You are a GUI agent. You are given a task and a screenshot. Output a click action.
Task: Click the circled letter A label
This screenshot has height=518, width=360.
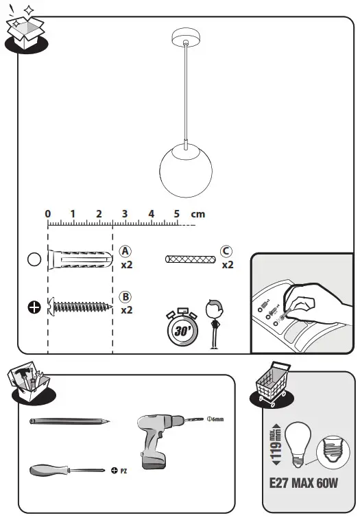coord(125,251)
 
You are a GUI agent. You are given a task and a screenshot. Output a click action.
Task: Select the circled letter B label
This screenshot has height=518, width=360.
coord(125,297)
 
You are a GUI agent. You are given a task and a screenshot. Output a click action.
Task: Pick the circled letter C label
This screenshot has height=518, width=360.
coord(226,251)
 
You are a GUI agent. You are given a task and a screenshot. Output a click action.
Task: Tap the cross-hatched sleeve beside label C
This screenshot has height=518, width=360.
coord(191,259)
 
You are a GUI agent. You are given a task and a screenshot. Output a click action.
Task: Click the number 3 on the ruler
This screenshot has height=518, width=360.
coord(125,213)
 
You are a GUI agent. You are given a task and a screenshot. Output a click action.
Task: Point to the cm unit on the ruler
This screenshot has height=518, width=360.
coord(198,214)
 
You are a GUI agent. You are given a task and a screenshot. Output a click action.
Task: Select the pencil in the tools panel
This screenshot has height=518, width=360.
coord(69,420)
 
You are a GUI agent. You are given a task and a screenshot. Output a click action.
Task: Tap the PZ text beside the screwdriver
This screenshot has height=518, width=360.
coord(124,471)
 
